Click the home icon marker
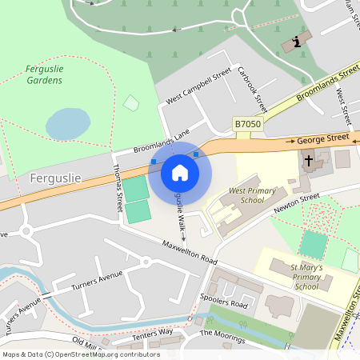180,172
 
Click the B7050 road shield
248,124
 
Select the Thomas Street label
118,183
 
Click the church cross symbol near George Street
309,161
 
